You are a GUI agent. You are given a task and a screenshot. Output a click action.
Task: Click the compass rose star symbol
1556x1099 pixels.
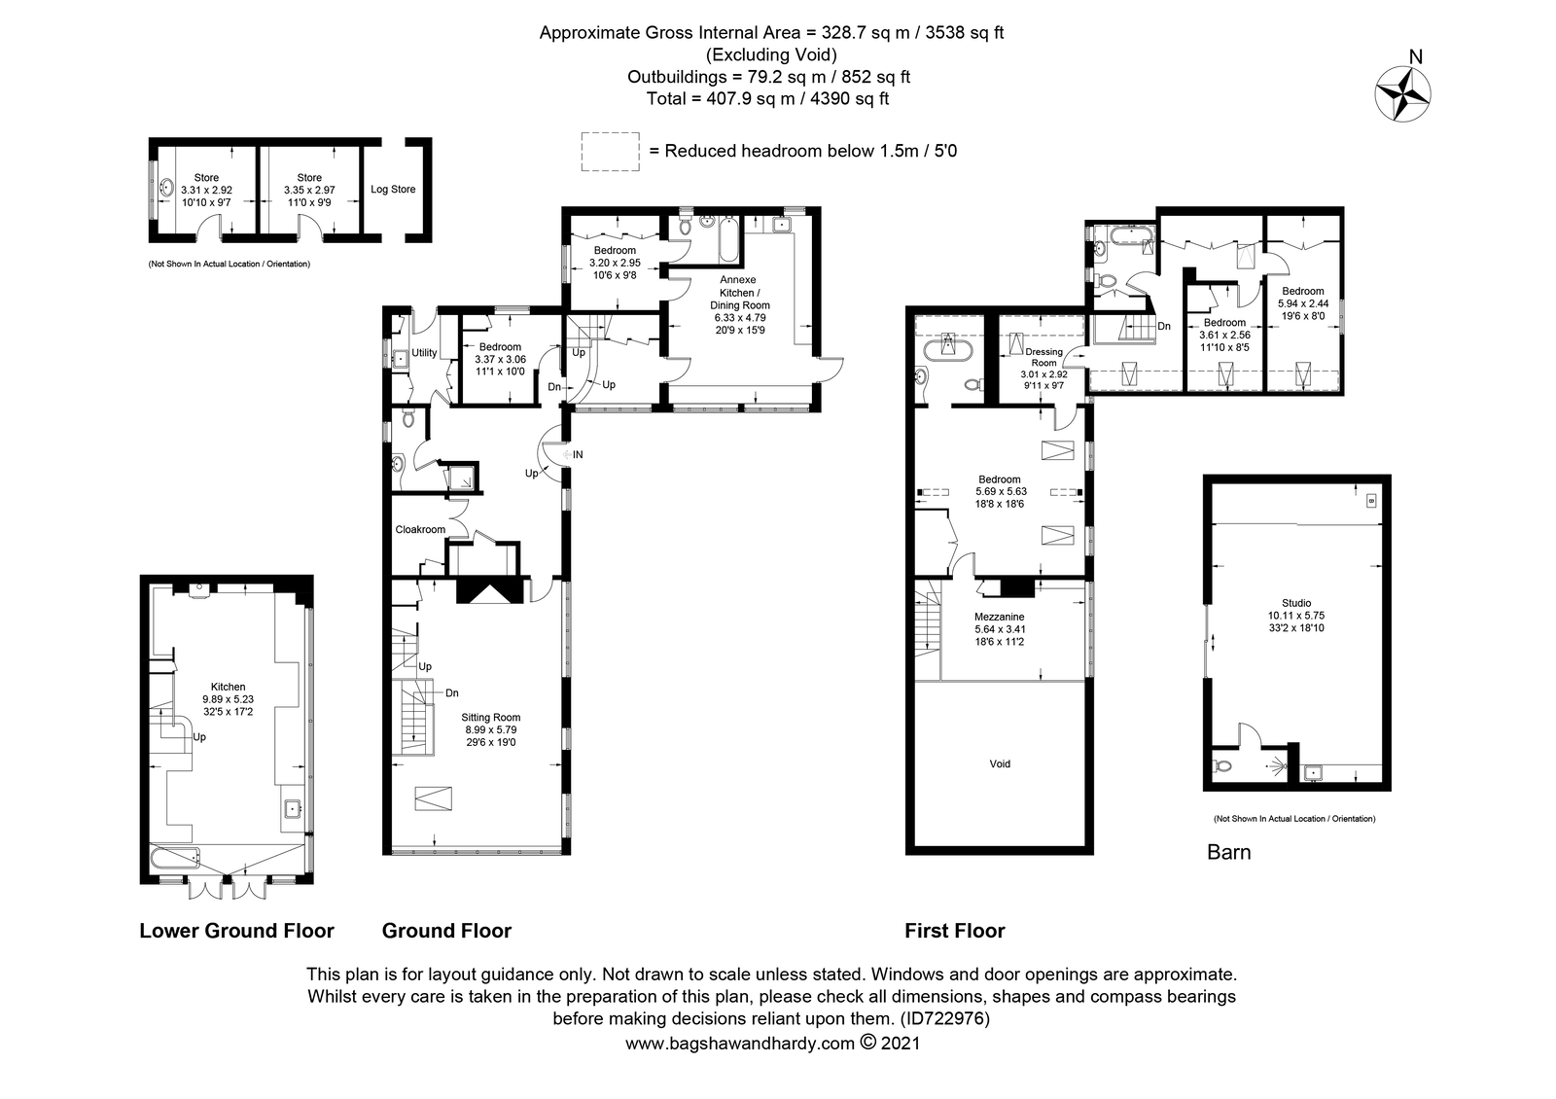coord(1402,93)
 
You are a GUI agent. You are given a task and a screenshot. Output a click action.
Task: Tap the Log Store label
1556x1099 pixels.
coord(393,189)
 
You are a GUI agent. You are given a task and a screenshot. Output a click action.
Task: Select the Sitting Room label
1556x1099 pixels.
coord(490,717)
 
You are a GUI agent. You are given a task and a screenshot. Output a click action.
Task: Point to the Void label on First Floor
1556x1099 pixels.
coord(1000,763)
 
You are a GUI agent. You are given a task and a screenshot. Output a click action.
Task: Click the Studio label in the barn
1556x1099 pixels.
coord(1296,603)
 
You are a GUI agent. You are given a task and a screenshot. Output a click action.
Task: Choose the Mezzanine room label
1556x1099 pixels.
coord(999,617)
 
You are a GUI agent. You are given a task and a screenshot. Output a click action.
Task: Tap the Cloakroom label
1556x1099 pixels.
coord(420,529)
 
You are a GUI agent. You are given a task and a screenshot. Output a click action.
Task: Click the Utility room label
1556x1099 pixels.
coord(424,353)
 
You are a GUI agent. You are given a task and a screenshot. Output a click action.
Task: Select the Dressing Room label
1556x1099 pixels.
coord(1043,357)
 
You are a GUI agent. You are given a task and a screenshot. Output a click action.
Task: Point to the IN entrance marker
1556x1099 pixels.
coord(578,454)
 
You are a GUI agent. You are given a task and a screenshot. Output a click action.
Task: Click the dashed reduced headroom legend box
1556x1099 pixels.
coord(610,152)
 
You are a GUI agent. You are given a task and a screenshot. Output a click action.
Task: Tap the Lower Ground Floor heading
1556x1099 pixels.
coord(237,931)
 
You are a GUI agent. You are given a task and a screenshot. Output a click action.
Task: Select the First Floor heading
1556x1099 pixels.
coord(954,931)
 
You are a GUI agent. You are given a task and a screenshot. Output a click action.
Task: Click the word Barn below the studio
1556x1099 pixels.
coord(1228,852)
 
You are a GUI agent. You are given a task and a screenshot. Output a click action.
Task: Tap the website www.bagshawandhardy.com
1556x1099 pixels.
coord(740,1044)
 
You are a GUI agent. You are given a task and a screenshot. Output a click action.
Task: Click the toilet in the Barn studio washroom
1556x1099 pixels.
coord(1223,766)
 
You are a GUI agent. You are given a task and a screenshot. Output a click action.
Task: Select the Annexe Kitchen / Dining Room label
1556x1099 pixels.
coord(739,293)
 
